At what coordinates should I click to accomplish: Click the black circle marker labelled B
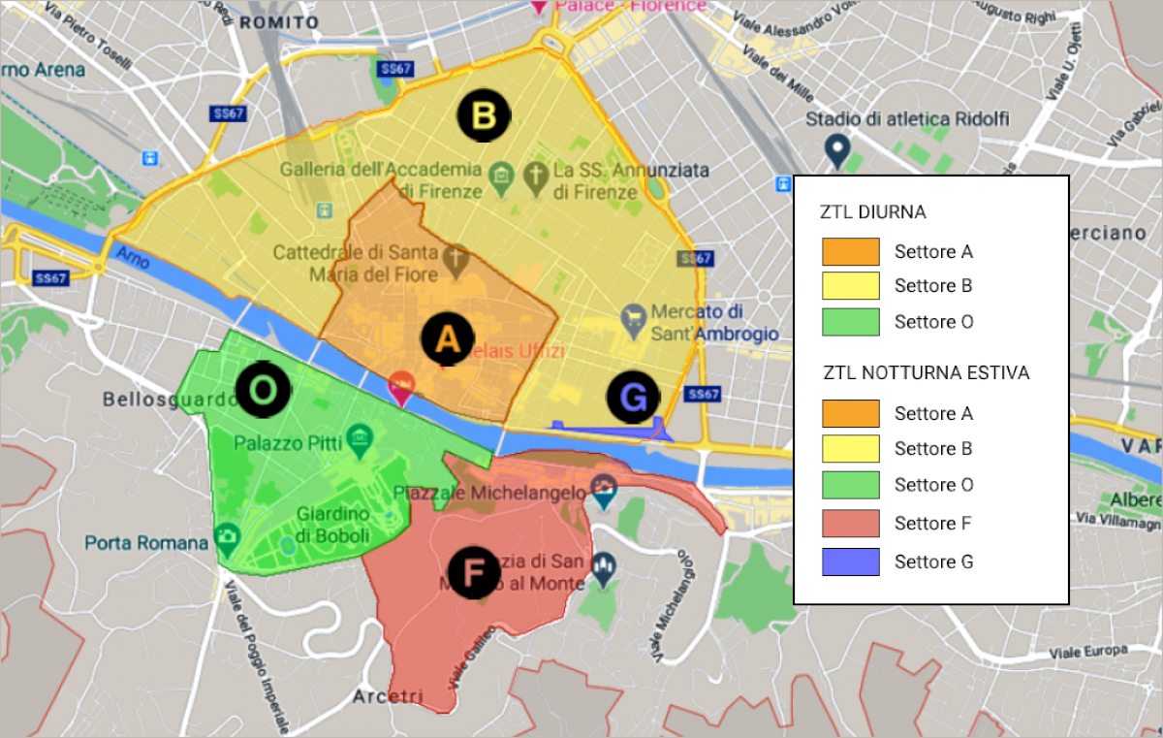tap(484, 116)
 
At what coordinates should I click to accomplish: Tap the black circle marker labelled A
tap(447, 338)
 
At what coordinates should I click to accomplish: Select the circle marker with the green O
tap(262, 390)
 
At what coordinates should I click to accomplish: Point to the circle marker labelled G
tap(633, 397)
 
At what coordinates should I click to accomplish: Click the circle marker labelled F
tap(474, 572)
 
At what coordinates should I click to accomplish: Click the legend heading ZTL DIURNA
tap(872, 211)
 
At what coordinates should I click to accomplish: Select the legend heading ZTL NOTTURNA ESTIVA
tap(926, 372)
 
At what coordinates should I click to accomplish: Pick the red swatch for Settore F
tap(850, 524)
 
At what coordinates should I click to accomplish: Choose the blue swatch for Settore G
tap(850, 562)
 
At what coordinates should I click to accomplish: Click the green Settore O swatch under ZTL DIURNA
tap(850, 322)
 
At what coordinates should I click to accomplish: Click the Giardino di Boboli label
tap(333, 524)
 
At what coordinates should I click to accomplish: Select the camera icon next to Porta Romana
tap(228, 535)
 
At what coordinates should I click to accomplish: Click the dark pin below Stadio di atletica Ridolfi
tap(837, 149)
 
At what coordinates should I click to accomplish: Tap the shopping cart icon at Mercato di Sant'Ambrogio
tap(635, 316)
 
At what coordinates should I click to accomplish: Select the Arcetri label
tap(388, 696)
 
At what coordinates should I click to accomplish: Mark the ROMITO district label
tap(278, 21)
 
